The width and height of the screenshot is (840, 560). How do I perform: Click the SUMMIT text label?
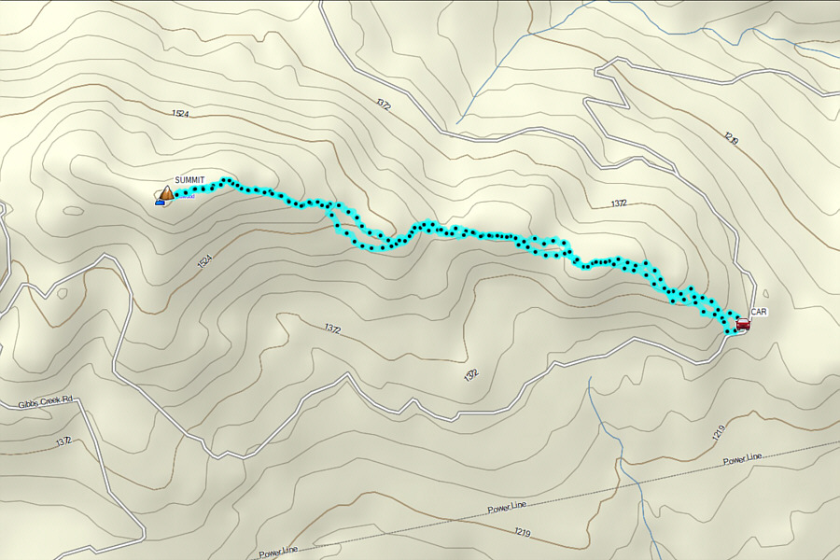[x=189, y=180]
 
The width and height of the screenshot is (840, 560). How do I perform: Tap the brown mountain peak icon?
[x=166, y=193]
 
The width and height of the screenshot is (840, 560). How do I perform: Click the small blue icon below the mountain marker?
[x=160, y=202]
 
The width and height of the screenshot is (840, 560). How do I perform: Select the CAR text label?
[x=758, y=313]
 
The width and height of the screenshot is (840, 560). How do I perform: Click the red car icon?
[x=743, y=324]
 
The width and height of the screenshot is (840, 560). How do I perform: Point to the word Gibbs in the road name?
[x=30, y=404]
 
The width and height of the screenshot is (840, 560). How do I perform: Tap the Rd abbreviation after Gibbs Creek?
[x=67, y=400]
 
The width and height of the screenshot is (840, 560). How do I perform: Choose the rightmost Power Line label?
[x=742, y=457]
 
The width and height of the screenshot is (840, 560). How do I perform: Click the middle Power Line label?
[x=507, y=507]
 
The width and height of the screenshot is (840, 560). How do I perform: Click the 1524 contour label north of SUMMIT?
[x=180, y=113]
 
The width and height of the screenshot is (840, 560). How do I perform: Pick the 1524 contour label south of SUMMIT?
[x=206, y=265]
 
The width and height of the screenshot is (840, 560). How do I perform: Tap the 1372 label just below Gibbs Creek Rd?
[x=63, y=441]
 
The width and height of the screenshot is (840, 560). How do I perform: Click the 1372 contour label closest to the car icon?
[x=618, y=203]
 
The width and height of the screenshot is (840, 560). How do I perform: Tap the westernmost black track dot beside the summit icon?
[x=177, y=196]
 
